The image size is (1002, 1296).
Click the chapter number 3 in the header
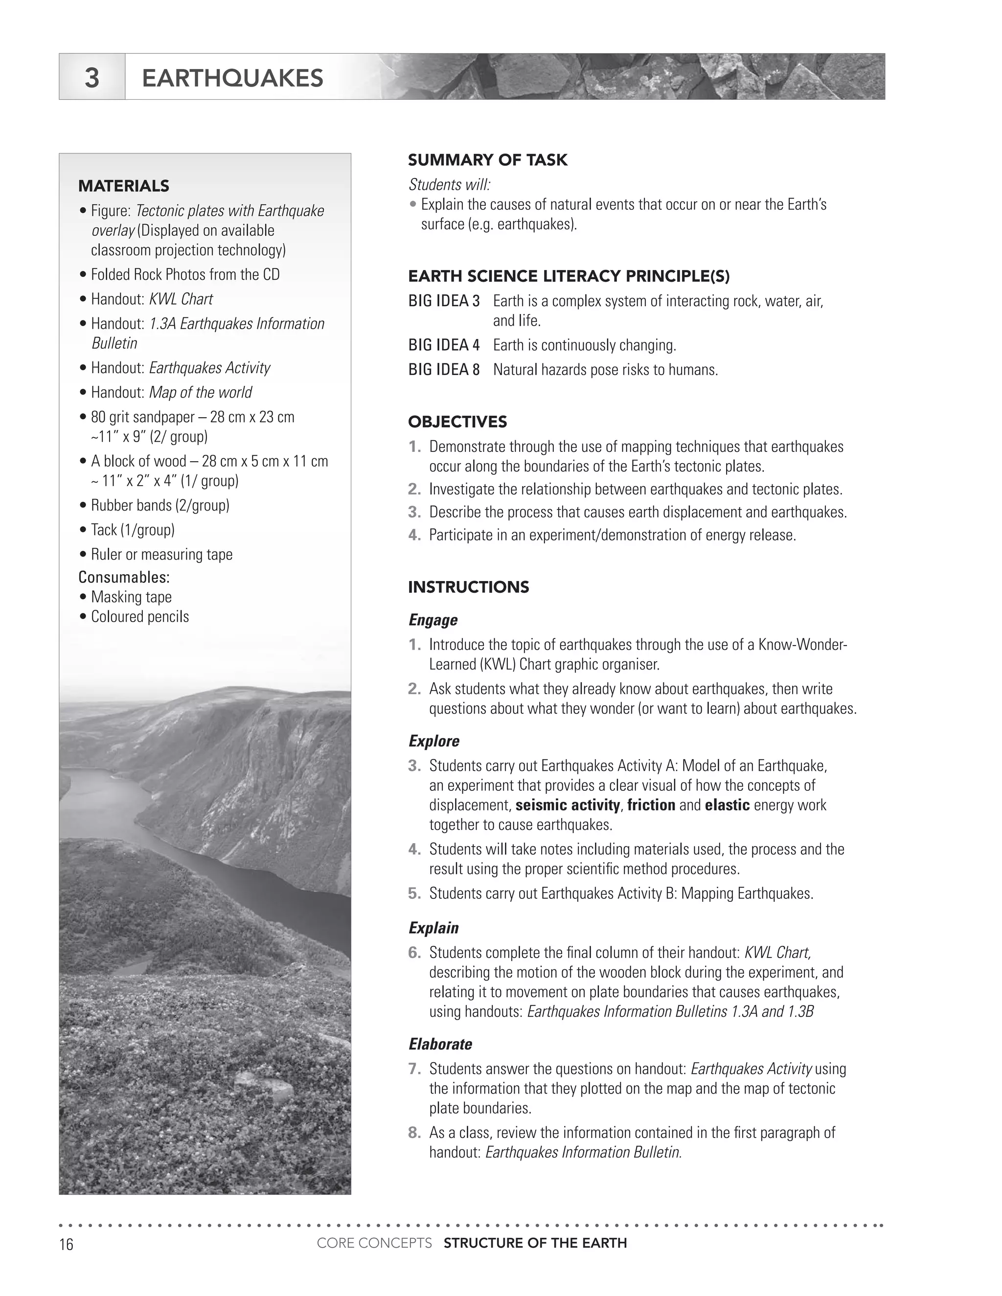coord(91,78)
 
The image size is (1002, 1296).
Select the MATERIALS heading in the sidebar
coord(123,186)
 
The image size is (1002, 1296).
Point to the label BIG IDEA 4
coord(443,345)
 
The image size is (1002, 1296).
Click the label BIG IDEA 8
coord(443,370)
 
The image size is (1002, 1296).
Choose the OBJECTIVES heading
coord(457,422)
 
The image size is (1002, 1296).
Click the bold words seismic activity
coord(567,805)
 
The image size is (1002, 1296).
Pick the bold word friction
coord(651,805)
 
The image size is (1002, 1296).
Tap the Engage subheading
coord(433,620)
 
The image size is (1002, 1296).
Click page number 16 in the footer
coord(66,1244)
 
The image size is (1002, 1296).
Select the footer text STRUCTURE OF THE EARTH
coord(535,1243)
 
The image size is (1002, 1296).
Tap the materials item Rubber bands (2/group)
coord(159,505)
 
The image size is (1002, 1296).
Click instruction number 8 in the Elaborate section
coord(414,1133)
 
